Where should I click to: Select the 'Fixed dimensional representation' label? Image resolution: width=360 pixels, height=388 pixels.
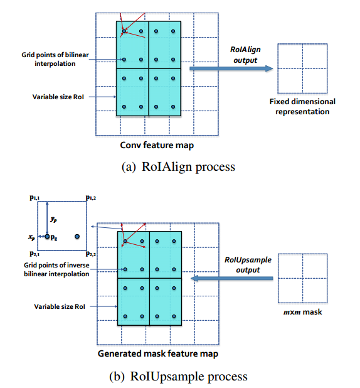[302, 106]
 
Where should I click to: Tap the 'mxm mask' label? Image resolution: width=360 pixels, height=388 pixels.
[302, 311]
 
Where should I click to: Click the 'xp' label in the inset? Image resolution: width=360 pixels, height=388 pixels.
[32, 238]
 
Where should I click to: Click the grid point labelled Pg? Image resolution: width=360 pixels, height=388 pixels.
[46, 237]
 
